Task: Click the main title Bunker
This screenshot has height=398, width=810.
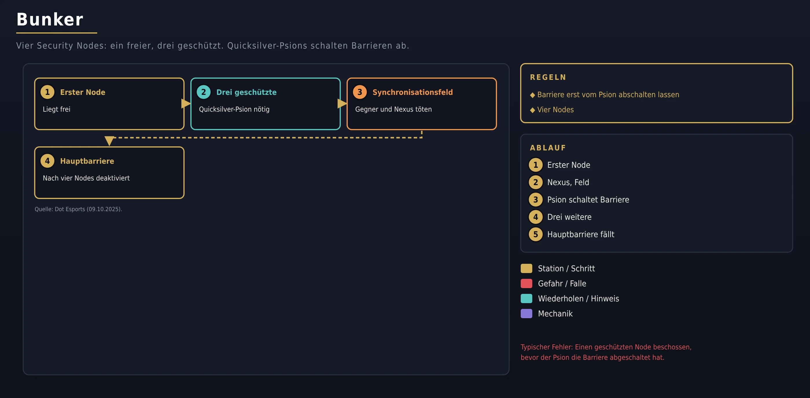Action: coord(50,19)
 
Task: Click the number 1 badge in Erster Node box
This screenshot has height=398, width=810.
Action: coord(47,92)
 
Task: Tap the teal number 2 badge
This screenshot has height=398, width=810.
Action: coord(203,92)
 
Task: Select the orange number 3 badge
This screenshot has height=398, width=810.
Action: coord(360,92)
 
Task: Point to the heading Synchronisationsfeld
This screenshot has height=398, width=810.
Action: coord(413,92)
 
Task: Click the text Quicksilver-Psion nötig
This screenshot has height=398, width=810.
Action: coord(234,109)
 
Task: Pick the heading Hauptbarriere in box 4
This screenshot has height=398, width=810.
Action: coord(87,161)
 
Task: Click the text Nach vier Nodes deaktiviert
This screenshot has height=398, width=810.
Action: coord(86,178)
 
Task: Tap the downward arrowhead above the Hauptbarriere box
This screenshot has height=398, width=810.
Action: coord(109,141)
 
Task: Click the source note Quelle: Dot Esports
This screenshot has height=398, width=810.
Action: coord(78,209)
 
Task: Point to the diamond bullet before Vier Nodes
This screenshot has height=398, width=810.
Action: coord(532,110)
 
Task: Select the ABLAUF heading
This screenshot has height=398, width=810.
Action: coord(548,148)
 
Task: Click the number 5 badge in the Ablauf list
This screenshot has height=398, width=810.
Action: coord(535,234)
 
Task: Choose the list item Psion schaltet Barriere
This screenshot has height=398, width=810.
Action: coord(588,200)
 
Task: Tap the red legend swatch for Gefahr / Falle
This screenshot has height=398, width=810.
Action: coord(526,283)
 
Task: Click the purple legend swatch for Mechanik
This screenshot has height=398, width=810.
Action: coord(526,314)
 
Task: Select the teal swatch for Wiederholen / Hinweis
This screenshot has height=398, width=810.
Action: coord(526,298)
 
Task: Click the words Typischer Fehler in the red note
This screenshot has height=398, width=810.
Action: coord(546,347)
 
